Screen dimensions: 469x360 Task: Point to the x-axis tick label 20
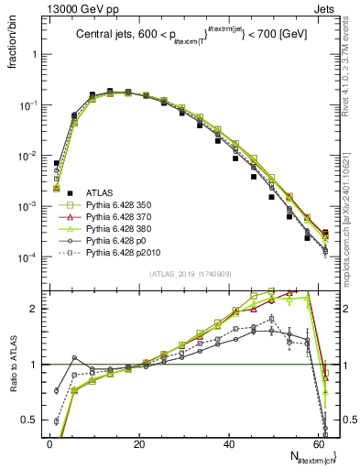click(139, 443)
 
